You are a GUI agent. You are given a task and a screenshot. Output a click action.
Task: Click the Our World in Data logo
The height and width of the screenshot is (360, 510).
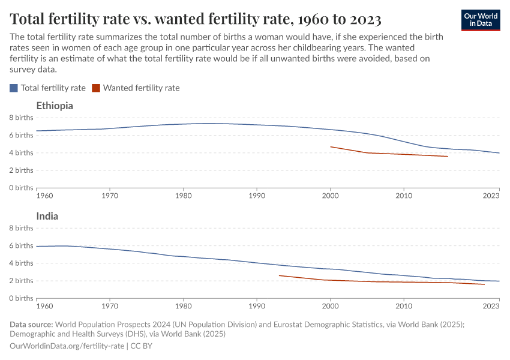tap(480, 20)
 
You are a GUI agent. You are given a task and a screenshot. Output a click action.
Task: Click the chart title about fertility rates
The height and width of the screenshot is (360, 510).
tap(196, 19)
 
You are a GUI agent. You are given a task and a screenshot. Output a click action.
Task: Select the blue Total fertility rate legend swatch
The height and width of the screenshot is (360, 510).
tap(14, 88)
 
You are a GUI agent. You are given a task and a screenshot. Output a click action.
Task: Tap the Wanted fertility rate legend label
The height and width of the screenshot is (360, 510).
tap(141, 88)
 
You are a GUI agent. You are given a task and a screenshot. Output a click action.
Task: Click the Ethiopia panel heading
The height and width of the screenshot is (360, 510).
tap(55, 106)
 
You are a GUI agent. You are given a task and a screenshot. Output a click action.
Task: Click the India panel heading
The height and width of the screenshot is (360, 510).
tap(47, 216)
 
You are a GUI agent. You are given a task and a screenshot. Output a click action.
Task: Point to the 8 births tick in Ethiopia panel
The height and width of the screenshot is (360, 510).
tap(21, 118)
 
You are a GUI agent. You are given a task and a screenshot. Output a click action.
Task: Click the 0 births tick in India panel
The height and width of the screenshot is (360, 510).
tap(21, 298)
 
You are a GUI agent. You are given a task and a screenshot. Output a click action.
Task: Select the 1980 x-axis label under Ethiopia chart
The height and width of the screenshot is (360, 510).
tap(183, 196)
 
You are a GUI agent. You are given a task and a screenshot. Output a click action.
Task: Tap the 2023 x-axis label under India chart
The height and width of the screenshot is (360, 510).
tap(491, 306)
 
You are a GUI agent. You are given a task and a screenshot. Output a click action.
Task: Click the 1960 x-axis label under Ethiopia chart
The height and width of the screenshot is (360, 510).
tap(44, 196)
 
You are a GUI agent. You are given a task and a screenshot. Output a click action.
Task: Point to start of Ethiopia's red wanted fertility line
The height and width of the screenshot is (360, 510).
tap(331, 146)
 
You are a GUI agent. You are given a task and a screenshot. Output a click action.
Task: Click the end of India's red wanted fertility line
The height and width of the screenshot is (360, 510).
tap(484, 284)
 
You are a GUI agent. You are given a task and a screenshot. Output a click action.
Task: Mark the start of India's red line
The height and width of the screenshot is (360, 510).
tap(279, 275)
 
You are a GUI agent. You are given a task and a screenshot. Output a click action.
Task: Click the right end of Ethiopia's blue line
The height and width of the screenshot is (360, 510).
tap(499, 153)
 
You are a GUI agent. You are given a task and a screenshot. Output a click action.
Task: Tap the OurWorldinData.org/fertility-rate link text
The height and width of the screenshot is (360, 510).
tap(67, 346)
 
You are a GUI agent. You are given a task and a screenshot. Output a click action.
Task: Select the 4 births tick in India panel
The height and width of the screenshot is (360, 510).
tap(21, 263)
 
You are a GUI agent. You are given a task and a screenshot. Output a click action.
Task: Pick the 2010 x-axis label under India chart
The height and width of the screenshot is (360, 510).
tap(404, 306)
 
